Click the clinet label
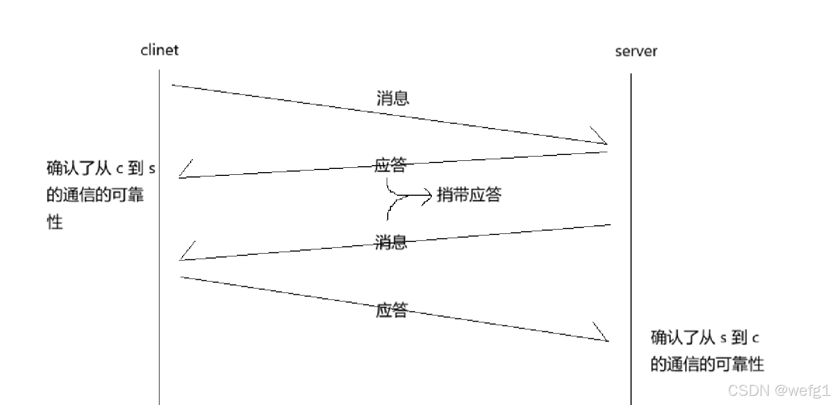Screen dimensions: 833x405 pos(159,50)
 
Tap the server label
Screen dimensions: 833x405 pos(636,52)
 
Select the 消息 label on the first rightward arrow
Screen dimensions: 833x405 pos(393,98)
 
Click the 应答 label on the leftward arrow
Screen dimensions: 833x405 pos(390,165)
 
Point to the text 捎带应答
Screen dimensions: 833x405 pos(469,195)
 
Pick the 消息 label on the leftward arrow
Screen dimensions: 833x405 pos(391,242)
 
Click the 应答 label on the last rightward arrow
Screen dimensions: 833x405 pos(392,310)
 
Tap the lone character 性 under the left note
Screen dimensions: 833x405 pos(55,222)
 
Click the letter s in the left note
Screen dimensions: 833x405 pos(151,169)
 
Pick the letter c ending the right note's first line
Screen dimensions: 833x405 pos(755,338)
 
